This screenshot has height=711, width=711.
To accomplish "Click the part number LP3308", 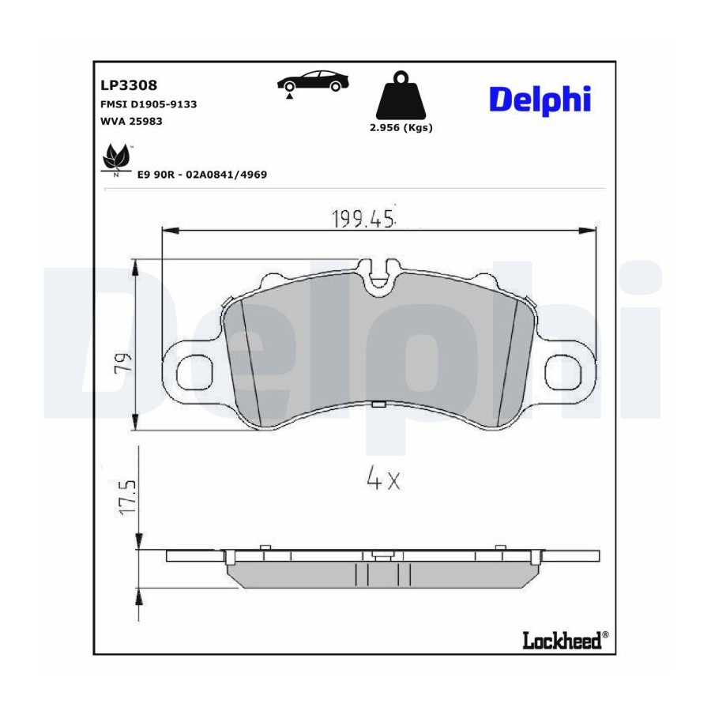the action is coord(128,85).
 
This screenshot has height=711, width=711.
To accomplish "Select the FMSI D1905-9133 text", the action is coord(149,104).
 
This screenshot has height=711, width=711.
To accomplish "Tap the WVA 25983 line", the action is coord(131,121).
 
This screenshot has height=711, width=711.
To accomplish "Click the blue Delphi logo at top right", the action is coord(540,100).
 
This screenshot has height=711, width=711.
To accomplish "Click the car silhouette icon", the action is coord(313,81).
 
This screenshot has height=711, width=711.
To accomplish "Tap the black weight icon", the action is coord(401,95).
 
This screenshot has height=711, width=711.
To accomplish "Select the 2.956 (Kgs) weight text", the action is coord(401,128).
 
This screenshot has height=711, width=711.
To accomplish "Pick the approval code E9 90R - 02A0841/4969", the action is coord(202,175).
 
